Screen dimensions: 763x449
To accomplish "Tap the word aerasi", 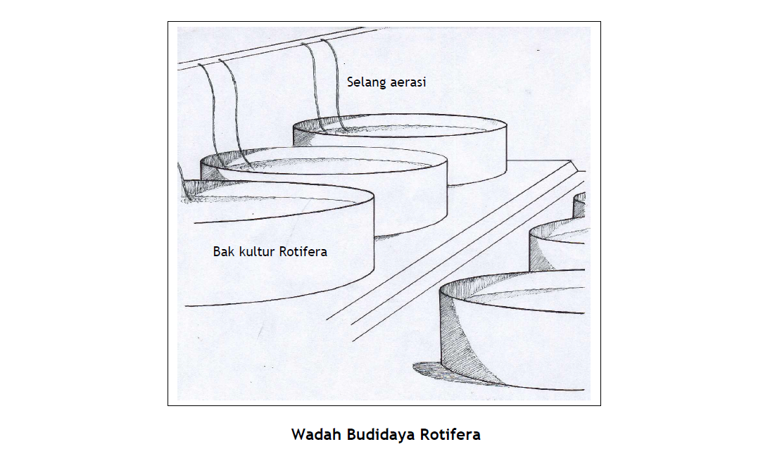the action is coord(407,82).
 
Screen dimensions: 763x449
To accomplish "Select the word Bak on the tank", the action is coord(224,251).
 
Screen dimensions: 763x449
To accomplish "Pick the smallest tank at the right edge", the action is coord(579,205).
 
